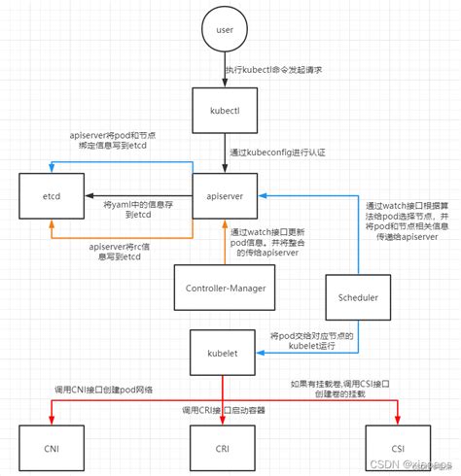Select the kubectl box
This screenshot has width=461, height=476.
223,111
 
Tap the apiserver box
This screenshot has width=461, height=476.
223,195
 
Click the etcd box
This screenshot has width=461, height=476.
51,195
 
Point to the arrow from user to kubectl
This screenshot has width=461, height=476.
223,70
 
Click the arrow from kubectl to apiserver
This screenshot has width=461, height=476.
223,153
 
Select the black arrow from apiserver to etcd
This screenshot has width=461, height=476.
136,195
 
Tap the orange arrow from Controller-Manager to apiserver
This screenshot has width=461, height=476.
223,242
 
